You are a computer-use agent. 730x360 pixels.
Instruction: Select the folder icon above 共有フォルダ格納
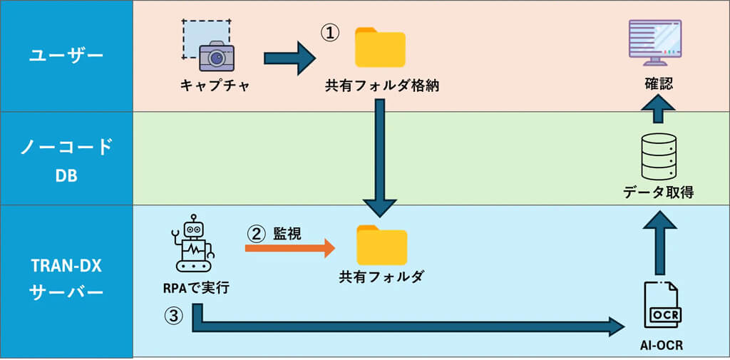click(x=380, y=48)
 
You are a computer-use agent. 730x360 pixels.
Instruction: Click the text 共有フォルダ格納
click(x=381, y=86)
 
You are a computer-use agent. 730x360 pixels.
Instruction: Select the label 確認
click(x=654, y=84)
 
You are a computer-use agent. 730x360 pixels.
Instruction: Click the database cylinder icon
click(x=657, y=156)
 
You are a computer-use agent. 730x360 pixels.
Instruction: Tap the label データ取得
click(x=657, y=192)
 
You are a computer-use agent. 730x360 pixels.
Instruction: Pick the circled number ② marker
click(x=256, y=233)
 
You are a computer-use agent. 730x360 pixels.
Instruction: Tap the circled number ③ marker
click(x=174, y=314)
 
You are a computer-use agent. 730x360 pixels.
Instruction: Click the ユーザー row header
click(x=66, y=56)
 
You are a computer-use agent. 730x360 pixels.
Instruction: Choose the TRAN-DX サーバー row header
click(x=66, y=280)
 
